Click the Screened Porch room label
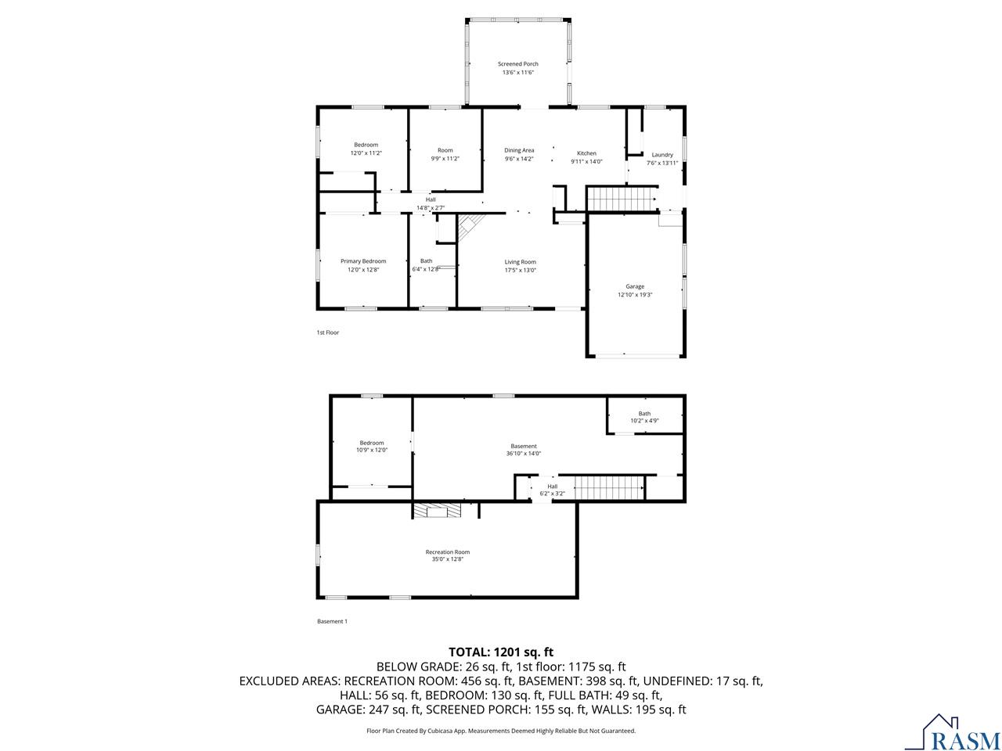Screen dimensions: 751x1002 [x=518, y=64]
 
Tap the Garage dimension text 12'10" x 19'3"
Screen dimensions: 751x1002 [x=635, y=295]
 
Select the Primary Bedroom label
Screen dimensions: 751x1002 [x=363, y=261]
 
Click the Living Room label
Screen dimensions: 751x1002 [x=520, y=262]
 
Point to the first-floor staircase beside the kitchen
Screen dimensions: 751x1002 [x=621, y=199]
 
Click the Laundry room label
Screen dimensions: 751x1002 [x=662, y=155]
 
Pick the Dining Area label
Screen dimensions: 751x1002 [x=519, y=150]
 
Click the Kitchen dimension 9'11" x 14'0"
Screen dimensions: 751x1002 [x=586, y=161]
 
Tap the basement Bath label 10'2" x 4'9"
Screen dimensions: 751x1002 [x=644, y=417]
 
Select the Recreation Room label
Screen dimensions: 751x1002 [x=448, y=552]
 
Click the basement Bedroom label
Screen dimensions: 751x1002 [x=372, y=443]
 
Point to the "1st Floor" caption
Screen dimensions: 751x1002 [x=327, y=332]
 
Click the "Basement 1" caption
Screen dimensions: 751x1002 [x=332, y=621]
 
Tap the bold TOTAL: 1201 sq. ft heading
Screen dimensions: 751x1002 [x=501, y=651]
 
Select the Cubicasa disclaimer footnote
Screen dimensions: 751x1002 [x=501, y=731]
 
